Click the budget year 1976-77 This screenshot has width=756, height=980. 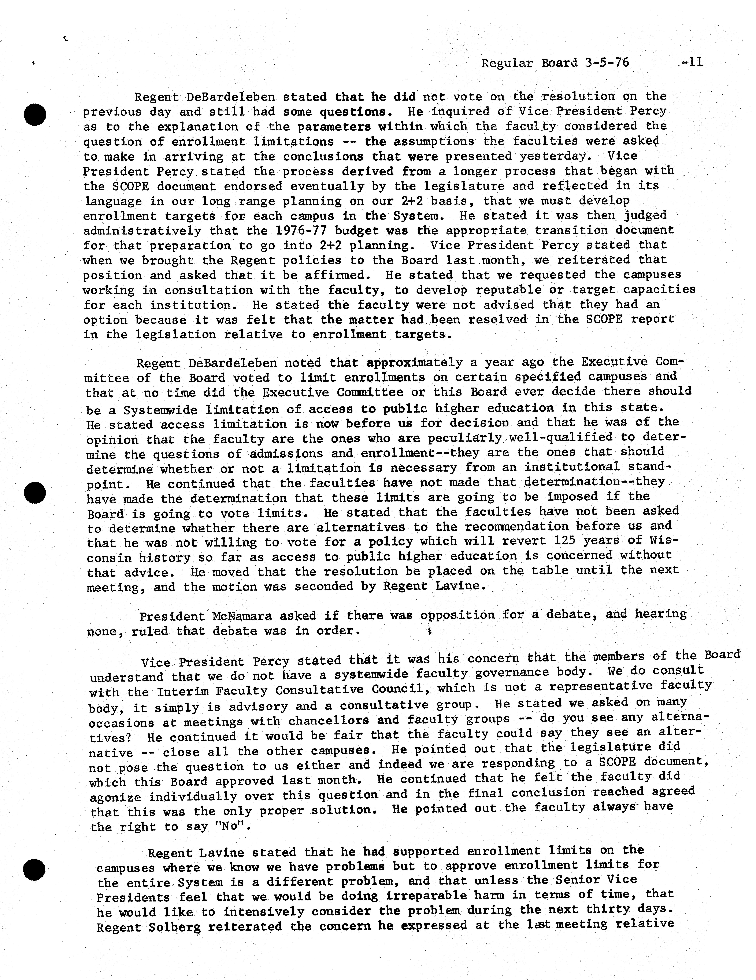[301, 231]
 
